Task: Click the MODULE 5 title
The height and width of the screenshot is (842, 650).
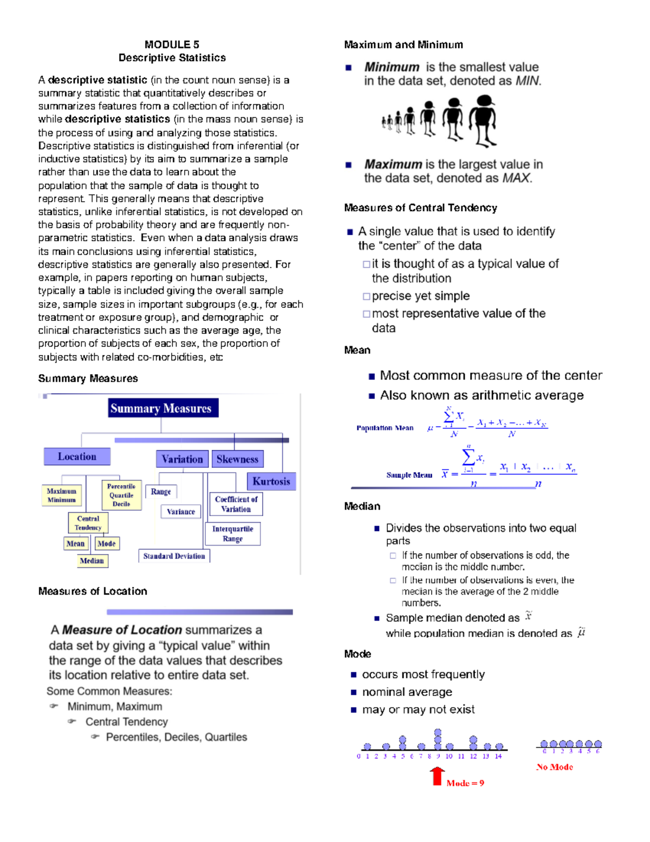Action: (172, 44)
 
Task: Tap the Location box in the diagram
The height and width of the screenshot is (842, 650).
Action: (77, 457)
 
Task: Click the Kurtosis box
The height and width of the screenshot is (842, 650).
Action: (271, 481)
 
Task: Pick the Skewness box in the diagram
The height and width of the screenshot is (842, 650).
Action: (237, 459)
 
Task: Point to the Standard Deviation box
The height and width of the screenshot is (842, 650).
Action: (174, 556)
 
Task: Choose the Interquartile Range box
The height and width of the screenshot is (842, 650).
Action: (233, 534)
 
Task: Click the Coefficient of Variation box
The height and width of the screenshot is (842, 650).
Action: (236, 504)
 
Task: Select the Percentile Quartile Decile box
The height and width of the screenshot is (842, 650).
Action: (121, 495)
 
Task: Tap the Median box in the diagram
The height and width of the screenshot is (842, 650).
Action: (92, 561)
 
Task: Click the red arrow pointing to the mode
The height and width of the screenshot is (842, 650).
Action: (437, 776)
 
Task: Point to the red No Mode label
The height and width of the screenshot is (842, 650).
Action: (555, 767)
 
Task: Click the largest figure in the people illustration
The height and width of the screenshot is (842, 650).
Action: (483, 120)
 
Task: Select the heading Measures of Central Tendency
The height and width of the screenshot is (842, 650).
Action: (420, 208)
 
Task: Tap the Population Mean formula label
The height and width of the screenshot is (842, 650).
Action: (385, 428)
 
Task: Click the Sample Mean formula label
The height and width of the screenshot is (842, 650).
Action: (409, 475)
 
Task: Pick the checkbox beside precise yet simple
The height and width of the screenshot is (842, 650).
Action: (367, 297)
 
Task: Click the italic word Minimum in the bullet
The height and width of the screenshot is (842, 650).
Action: (392, 67)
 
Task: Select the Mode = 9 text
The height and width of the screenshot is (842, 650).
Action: (465, 783)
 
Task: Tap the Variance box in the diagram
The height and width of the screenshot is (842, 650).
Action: (181, 511)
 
